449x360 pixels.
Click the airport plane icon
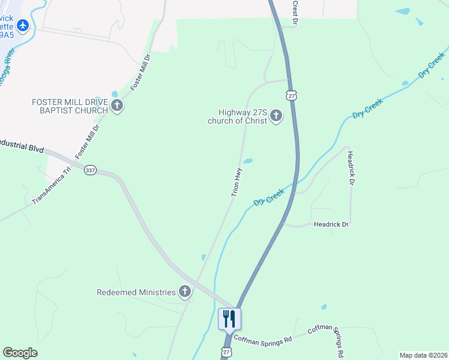point(23,25)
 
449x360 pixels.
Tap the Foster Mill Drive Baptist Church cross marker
point(117,107)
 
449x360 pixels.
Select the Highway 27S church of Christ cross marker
point(276,116)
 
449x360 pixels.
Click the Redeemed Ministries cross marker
point(185,292)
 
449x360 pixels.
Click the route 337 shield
point(90,170)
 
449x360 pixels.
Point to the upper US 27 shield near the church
point(292,96)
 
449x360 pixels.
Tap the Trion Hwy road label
point(237,182)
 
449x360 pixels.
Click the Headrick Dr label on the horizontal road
point(331,224)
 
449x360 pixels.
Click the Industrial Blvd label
point(22,146)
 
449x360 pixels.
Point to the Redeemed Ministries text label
point(136,293)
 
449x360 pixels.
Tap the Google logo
point(20,353)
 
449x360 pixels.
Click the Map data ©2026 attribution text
point(423,355)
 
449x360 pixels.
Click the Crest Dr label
point(295,12)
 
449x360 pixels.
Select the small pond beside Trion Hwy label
point(247,161)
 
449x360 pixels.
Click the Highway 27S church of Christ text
point(238,116)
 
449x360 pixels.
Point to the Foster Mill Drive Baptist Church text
point(70,106)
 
